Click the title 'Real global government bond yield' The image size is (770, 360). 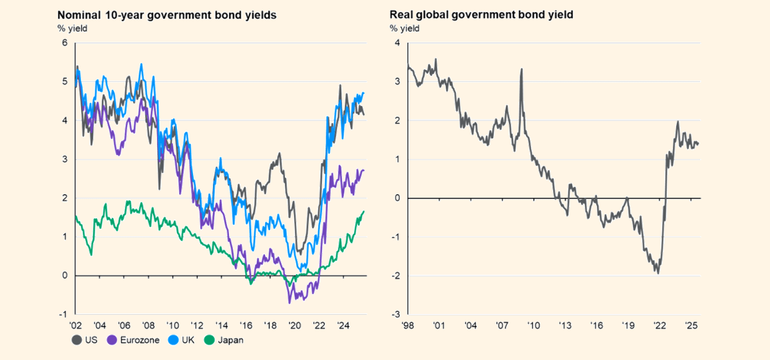point(481,14)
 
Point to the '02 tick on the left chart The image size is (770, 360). point(75,326)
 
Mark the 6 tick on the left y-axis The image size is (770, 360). point(65,43)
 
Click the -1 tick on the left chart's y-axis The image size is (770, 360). point(63,314)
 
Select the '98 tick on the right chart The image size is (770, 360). point(407,326)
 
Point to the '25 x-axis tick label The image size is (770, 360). point(691,326)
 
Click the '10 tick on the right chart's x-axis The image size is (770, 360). point(533,326)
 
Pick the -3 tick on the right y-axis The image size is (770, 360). point(395,314)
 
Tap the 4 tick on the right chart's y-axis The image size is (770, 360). point(397,43)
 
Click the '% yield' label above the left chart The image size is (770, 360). point(73,28)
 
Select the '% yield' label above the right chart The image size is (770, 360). point(405,28)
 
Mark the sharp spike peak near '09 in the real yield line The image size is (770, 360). point(521,69)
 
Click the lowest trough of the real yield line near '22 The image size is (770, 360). point(658,273)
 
